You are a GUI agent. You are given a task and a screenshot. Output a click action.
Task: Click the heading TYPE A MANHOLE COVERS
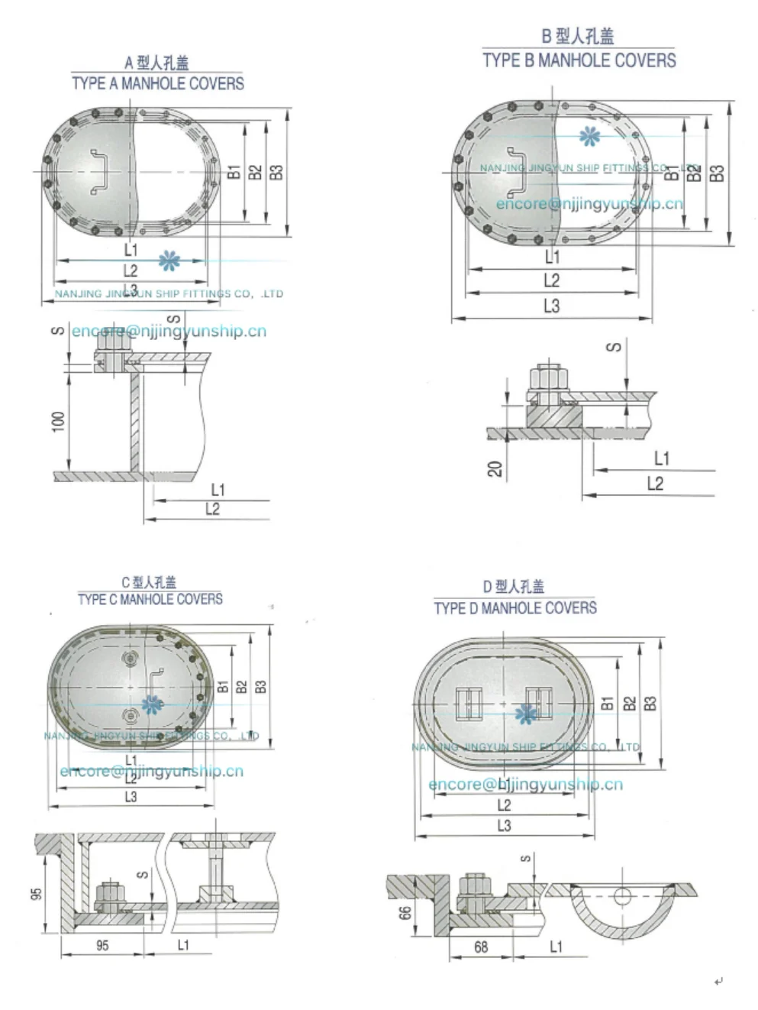[x=158, y=83]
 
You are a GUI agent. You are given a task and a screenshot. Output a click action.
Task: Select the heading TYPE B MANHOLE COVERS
[x=579, y=60]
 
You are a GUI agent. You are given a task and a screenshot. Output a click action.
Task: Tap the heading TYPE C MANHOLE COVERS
[x=150, y=599]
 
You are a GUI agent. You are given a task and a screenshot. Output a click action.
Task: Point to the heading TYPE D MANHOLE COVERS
[x=515, y=608]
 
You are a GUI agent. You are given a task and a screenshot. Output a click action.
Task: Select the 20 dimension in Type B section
[x=495, y=468]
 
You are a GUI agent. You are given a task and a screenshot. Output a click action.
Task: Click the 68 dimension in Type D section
[x=481, y=947]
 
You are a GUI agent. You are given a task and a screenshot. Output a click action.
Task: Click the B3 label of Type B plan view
[x=717, y=173]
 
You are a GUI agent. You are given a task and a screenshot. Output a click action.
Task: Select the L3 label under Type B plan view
[x=551, y=306]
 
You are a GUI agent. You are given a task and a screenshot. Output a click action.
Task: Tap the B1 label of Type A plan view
[x=234, y=172]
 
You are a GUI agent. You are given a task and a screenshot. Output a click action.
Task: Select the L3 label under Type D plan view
[x=504, y=826]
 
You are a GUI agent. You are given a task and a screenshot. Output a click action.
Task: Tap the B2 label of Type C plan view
[x=242, y=686]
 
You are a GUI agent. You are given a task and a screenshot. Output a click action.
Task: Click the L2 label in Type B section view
[x=655, y=484]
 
